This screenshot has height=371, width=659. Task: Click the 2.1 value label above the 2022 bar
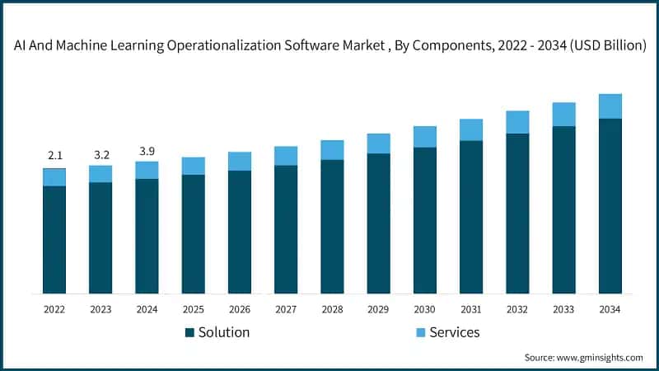click(x=54, y=156)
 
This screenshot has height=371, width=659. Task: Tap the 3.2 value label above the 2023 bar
click(x=100, y=153)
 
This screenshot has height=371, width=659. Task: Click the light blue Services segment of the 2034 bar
click(x=610, y=106)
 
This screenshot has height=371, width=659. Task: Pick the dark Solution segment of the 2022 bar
click(x=54, y=239)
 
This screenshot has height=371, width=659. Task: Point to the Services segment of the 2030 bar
click(x=425, y=137)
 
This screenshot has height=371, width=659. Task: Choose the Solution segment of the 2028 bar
click(x=332, y=226)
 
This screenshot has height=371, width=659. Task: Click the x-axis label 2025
click(x=193, y=309)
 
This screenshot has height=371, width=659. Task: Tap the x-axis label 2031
click(x=471, y=309)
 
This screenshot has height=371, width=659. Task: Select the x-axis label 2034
click(x=610, y=309)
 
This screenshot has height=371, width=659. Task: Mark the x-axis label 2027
click(x=286, y=309)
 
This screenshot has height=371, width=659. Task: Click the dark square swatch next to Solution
click(x=189, y=333)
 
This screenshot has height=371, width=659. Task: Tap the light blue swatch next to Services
click(x=419, y=333)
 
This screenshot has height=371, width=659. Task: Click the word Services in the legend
click(x=454, y=332)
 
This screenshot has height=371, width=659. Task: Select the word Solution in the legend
click(x=223, y=332)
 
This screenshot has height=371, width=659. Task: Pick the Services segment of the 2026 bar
click(x=240, y=161)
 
